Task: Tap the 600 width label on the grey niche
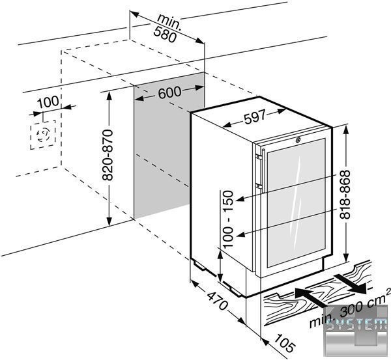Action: click(169, 93)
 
